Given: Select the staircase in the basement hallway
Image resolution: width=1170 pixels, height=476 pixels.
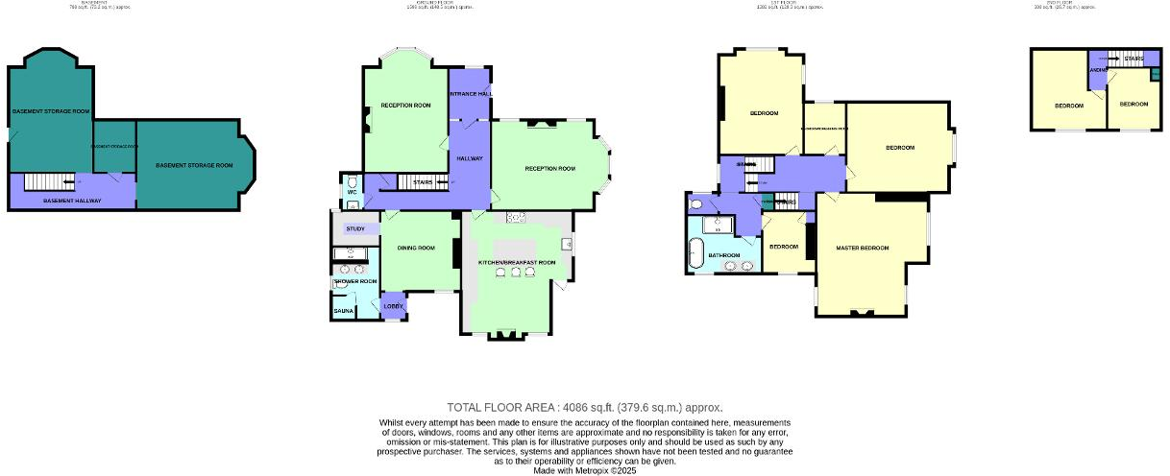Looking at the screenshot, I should (x=48, y=181).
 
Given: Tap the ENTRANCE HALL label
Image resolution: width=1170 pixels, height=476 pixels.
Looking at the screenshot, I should (x=471, y=94).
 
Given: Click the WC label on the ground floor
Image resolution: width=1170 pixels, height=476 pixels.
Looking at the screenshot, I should (x=352, y=192).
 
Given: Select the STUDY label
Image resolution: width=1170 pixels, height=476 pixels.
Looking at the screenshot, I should (x=355, y=228).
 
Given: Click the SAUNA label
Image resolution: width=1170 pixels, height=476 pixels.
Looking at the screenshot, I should (x=343, y=312).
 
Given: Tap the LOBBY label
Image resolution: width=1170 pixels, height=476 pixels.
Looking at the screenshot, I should (x=394, y=306).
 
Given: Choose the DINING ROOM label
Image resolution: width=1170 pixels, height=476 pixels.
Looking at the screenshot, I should (x=416, y=249).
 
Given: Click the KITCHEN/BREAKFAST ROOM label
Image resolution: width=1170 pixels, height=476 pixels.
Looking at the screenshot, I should (x=517, y=262).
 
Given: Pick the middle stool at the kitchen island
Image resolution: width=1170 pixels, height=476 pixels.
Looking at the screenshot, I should (x=515, y=273).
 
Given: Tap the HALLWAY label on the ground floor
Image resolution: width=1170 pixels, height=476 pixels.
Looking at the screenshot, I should (x=470, y=158).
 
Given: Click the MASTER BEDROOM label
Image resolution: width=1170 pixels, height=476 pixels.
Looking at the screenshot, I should (x=860, y=250).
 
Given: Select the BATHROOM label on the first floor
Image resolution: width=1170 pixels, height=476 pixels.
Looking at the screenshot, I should (x=723, y=255).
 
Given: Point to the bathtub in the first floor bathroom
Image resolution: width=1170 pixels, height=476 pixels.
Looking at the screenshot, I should (x=694, y=254).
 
